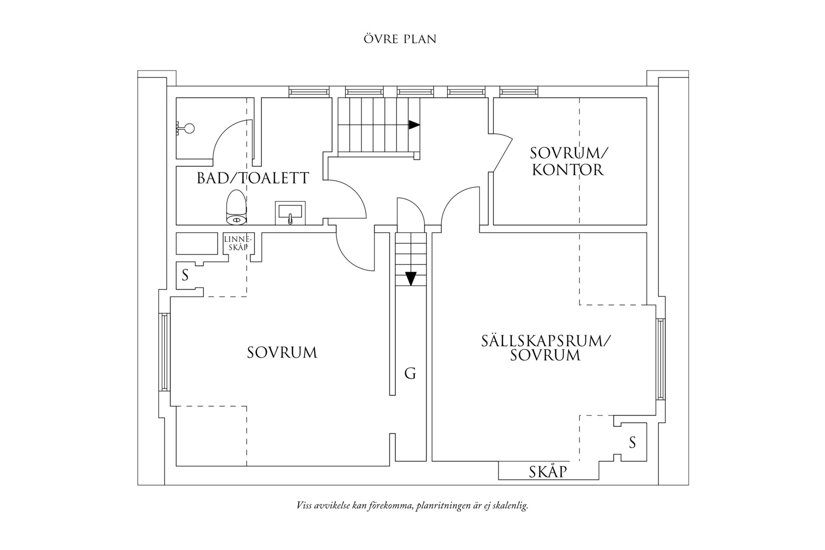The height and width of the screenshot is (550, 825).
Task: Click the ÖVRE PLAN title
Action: tap(400, 39)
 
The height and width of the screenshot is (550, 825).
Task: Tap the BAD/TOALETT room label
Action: tap(253, 178)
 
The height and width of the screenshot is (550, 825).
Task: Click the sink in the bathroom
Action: tap(290, 213)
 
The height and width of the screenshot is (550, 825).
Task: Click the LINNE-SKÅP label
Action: tap(238, 243)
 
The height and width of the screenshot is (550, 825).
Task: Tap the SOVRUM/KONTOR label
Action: tap(568, 161)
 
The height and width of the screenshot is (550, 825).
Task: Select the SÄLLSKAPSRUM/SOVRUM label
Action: tap(545, 348)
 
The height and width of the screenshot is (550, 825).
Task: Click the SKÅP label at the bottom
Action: tap(548, 472)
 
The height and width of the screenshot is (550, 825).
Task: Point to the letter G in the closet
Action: tap(410, 373)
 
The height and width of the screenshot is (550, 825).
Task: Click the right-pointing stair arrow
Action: tap(414, 125)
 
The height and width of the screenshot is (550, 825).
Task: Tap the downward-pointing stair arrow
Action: tap(411, 278)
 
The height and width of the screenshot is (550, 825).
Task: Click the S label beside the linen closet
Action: tap(185, 276)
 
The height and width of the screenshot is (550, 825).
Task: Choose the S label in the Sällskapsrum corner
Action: tap(632, 443)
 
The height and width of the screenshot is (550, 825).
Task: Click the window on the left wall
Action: tap(163, 352)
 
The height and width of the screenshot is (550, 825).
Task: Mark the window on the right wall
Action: tap(660, 359)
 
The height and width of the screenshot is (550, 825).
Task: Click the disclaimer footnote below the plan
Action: tap(412, 506)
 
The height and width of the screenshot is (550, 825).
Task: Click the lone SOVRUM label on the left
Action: tap(282, 353)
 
